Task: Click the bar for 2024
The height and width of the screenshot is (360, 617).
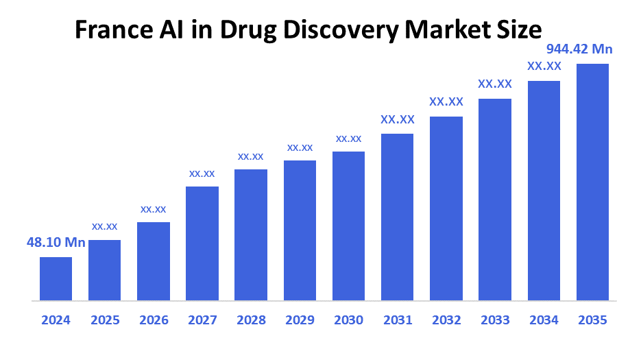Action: tap(56, 278)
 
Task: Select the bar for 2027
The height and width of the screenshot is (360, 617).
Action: tap(202, 243)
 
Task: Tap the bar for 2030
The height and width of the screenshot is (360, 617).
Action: tap(348, 226)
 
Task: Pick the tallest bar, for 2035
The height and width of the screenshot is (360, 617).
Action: tap(592, 182)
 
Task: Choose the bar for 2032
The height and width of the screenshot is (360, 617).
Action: tap(446, 208)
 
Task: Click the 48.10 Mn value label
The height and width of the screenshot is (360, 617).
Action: tap(56, 243)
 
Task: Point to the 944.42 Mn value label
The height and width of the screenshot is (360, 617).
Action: tap(579, 49)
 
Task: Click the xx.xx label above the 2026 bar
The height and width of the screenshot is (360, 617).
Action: tap(153, 208)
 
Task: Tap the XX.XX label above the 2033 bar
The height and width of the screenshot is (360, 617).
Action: tap(495, 84)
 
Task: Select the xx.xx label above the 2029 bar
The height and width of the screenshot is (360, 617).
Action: tap(300, 147)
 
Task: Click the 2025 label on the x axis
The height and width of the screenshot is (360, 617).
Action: tap(105, 320)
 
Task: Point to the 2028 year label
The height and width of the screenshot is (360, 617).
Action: tap(251, 320)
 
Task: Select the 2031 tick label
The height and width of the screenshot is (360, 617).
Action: tap(398, 320)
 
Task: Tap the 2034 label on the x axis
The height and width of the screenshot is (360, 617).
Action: tap(544, 320)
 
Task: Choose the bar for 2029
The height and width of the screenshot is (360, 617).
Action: tap(300, 230)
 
